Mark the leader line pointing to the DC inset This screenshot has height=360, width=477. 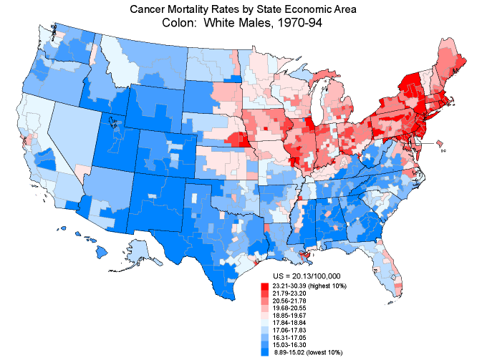425,143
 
